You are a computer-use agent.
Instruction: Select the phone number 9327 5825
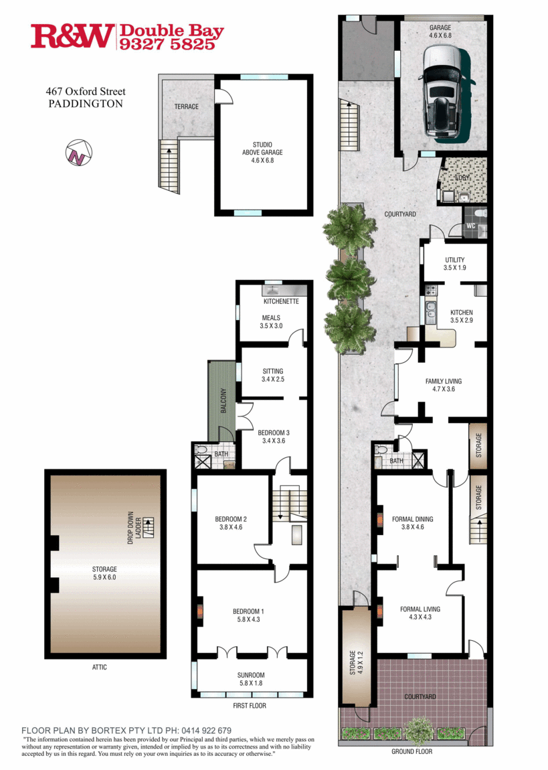pyautogui.click(x=167, y=44)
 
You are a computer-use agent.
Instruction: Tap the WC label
pyautogui.click(x=470, y=226)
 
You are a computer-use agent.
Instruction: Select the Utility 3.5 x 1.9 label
pyautogui.click(x=454, y=264)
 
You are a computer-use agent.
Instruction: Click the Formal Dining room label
pyautogui.click(x=412, y=523)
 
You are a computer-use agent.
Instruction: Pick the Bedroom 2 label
pyautogui.click(x=231, y=523)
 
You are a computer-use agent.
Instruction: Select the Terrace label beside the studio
pyautogui.click(x=187, y=106)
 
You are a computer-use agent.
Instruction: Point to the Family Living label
pyautogui.click(x=444, y=384)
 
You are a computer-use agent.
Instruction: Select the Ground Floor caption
pyautogui.click(x=412, y=751)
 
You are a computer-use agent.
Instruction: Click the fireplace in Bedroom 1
pyautogui.click(x=200, y=611)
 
